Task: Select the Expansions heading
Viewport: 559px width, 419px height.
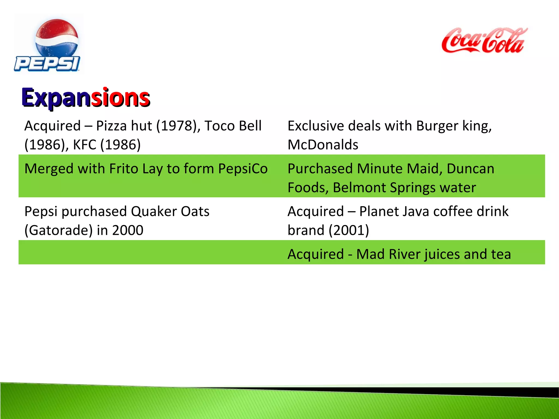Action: click(x=86, y=98)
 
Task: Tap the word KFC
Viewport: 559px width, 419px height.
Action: click(x=85, y=145)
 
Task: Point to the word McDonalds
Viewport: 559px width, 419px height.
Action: click(x=323, y=145)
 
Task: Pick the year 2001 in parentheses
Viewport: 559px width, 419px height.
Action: click(x=349, y=231)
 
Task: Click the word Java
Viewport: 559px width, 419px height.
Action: click(x=412, y=212)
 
